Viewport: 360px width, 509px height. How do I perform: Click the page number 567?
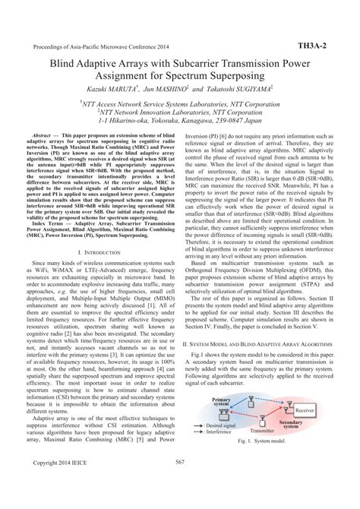[180, 482]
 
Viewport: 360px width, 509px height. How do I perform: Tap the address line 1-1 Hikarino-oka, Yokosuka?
[181, 119]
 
